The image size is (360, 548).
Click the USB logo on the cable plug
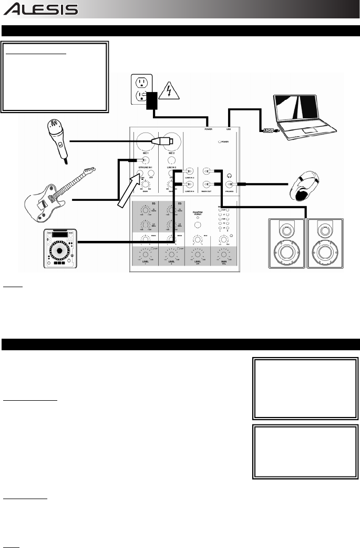[x=266, y=131]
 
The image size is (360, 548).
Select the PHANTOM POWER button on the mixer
[x=198, y=225]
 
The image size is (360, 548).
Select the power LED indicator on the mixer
[x=219, y=142]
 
